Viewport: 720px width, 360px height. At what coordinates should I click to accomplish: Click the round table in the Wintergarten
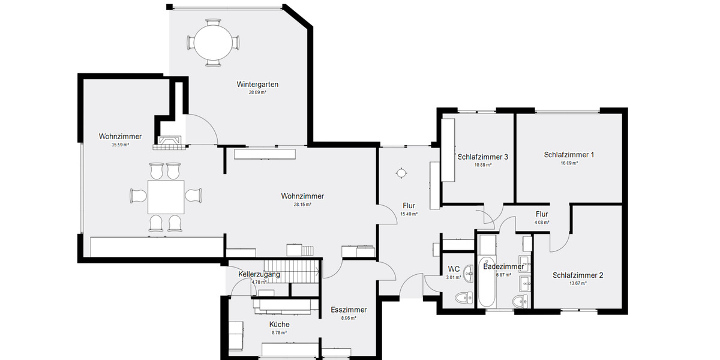[213, 43]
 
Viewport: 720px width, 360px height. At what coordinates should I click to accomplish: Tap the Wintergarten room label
[257, 85]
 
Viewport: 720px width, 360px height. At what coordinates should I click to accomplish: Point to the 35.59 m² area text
[120, 145]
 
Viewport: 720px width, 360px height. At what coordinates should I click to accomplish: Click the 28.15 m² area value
[302, 205]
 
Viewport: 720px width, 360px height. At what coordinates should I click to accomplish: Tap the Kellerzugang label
[259, 274]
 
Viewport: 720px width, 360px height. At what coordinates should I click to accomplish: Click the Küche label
[280, 325]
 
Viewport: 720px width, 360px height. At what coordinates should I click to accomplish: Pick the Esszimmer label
[349, 310]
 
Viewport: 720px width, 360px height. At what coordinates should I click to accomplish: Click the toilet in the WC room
[463, 298]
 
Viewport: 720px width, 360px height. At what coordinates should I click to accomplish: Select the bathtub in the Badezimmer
[486, 273]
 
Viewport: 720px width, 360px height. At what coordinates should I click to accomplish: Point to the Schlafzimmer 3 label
[483, 157]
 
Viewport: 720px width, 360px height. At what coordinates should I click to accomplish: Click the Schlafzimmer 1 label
[569, 155]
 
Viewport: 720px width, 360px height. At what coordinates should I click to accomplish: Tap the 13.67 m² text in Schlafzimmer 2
[577, 283]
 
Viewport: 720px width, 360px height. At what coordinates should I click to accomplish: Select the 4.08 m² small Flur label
[542, 222]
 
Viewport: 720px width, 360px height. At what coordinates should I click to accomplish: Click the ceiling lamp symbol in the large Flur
[401, 173]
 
